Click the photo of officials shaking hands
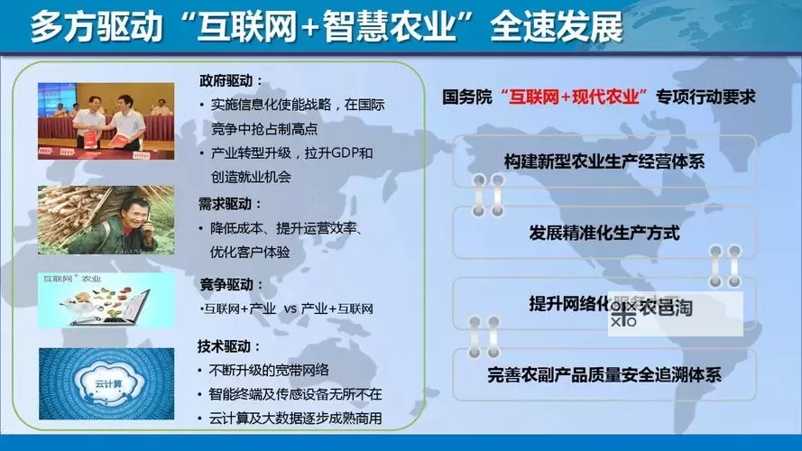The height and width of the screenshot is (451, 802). pyautogui.click(x=106, y=122)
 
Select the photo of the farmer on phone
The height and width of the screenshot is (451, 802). pyautogui.click(x=106, y=220)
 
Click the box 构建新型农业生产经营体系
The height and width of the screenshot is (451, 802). pyautogui.click(x=604, y=161)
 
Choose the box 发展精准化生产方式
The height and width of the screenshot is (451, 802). pyautogui.click(x=604, y=233)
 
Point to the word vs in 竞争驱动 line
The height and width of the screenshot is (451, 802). pyautogui.click(x=290, y=309)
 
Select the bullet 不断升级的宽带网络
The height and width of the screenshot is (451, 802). pyautogui.click(x=268, y=370)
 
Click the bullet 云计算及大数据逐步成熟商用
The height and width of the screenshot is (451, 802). pyautogui.click(x=294, y=418)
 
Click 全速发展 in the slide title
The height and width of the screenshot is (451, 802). pyautogui.click(x=557, y=27)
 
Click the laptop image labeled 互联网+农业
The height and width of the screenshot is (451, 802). pyautogui.click(x=106, y=299)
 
